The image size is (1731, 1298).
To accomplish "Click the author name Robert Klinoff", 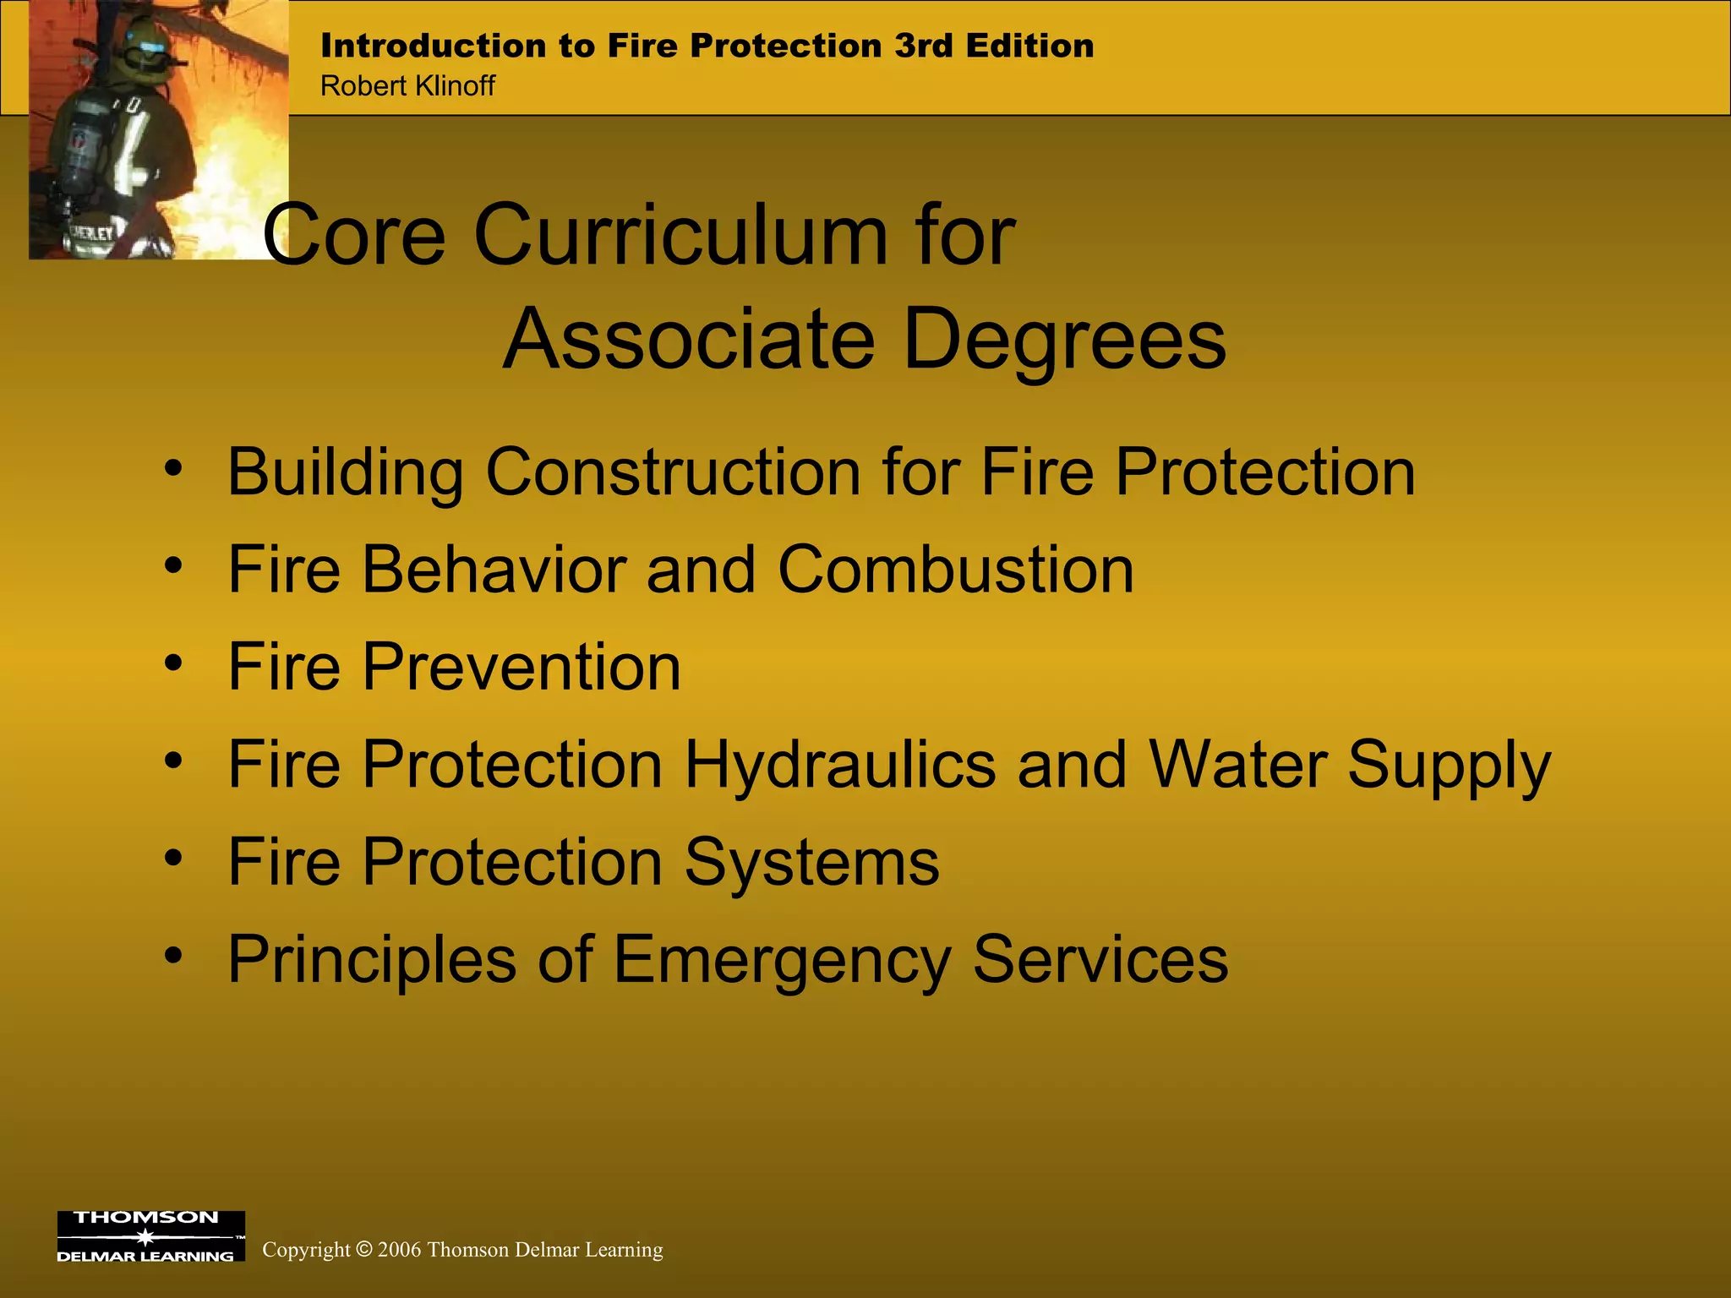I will point(407,86).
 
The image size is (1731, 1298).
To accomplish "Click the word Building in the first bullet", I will point(346,472).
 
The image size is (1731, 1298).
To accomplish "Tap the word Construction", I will point(674,472).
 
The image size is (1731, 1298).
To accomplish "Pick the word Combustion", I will point(955,569).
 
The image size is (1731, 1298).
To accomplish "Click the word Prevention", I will point(521,667).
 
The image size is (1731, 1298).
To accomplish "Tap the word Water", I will point(1237,764).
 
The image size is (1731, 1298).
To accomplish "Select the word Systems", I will point(811,862).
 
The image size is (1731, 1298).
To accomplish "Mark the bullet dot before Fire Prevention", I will point(173,663).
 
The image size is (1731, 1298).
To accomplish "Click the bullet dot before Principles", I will point(173,955).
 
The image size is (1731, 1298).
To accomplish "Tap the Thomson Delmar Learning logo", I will point(150,1235).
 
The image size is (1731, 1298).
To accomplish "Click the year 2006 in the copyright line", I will point(399,1250).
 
